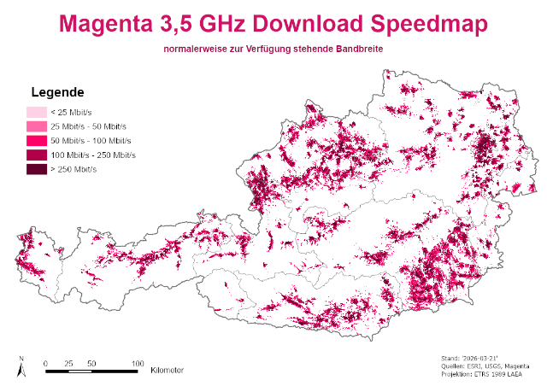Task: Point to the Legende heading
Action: [56, 92]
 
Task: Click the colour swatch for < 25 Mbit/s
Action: [36, 112]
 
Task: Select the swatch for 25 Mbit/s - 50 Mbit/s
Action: [36, 126]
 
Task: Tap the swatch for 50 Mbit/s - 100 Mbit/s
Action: [36, 141]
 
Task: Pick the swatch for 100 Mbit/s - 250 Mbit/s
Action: [36, 155]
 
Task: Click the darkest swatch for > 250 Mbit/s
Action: [36, 170]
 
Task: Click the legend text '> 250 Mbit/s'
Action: [74, 170]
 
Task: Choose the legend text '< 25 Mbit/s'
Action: [72, 112]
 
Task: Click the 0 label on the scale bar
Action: [45, 363]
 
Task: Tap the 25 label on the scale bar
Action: [68, 363]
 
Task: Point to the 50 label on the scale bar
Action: [91, 363]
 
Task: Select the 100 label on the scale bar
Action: [137, 363]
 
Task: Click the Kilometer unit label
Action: [167, 371]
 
